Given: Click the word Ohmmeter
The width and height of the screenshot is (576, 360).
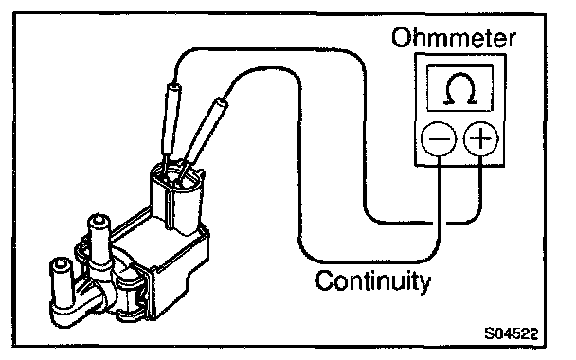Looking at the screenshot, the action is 453,38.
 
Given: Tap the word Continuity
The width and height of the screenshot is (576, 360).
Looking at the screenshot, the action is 373,281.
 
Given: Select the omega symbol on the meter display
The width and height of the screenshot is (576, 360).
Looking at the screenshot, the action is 459,88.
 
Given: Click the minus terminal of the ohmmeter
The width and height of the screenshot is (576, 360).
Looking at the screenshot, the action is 439,139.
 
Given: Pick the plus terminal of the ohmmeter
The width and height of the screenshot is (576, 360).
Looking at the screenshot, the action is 481,139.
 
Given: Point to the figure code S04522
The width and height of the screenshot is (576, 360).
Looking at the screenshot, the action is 511,333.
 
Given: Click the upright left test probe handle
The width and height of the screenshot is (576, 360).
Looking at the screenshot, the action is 171,120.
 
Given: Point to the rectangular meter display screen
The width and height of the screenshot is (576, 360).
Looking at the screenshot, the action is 459,88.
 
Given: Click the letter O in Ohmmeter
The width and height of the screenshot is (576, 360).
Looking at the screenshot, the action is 401,38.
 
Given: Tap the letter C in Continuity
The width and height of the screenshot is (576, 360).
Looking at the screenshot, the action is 324,280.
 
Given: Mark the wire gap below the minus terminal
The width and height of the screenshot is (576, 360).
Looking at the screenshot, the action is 440,223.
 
